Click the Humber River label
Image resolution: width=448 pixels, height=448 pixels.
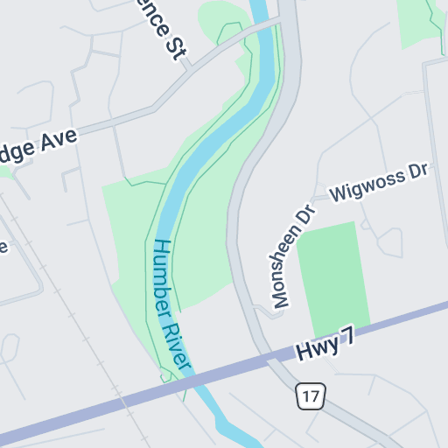coord(171,306)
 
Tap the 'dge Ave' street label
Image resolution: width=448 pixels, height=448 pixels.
coord(38,145)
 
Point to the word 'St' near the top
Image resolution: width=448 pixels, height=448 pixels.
coord(177,47)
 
